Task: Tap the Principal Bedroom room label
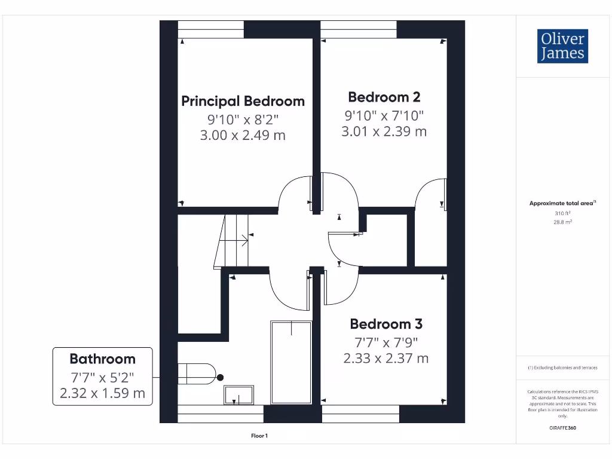tap(243, 101)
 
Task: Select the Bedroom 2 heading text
tap(384, 97)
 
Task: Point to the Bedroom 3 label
tap(386, 324)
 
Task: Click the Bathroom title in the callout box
tap(102, 359)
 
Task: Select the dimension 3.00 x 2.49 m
tap(243, 136)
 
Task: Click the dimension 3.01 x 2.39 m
tap(384, 131)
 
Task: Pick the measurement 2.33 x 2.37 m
tap(386, 359)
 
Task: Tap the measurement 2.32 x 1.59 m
tap(102, 393)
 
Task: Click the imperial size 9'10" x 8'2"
tap(243, 118)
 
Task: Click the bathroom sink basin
tap(239, 395)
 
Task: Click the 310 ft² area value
tap(562, 213)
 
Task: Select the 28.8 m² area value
tap(562, 222)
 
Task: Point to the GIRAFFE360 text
tap(562, 428)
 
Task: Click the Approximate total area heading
tap(562, 204)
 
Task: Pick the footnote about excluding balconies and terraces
tap(562, 368)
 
